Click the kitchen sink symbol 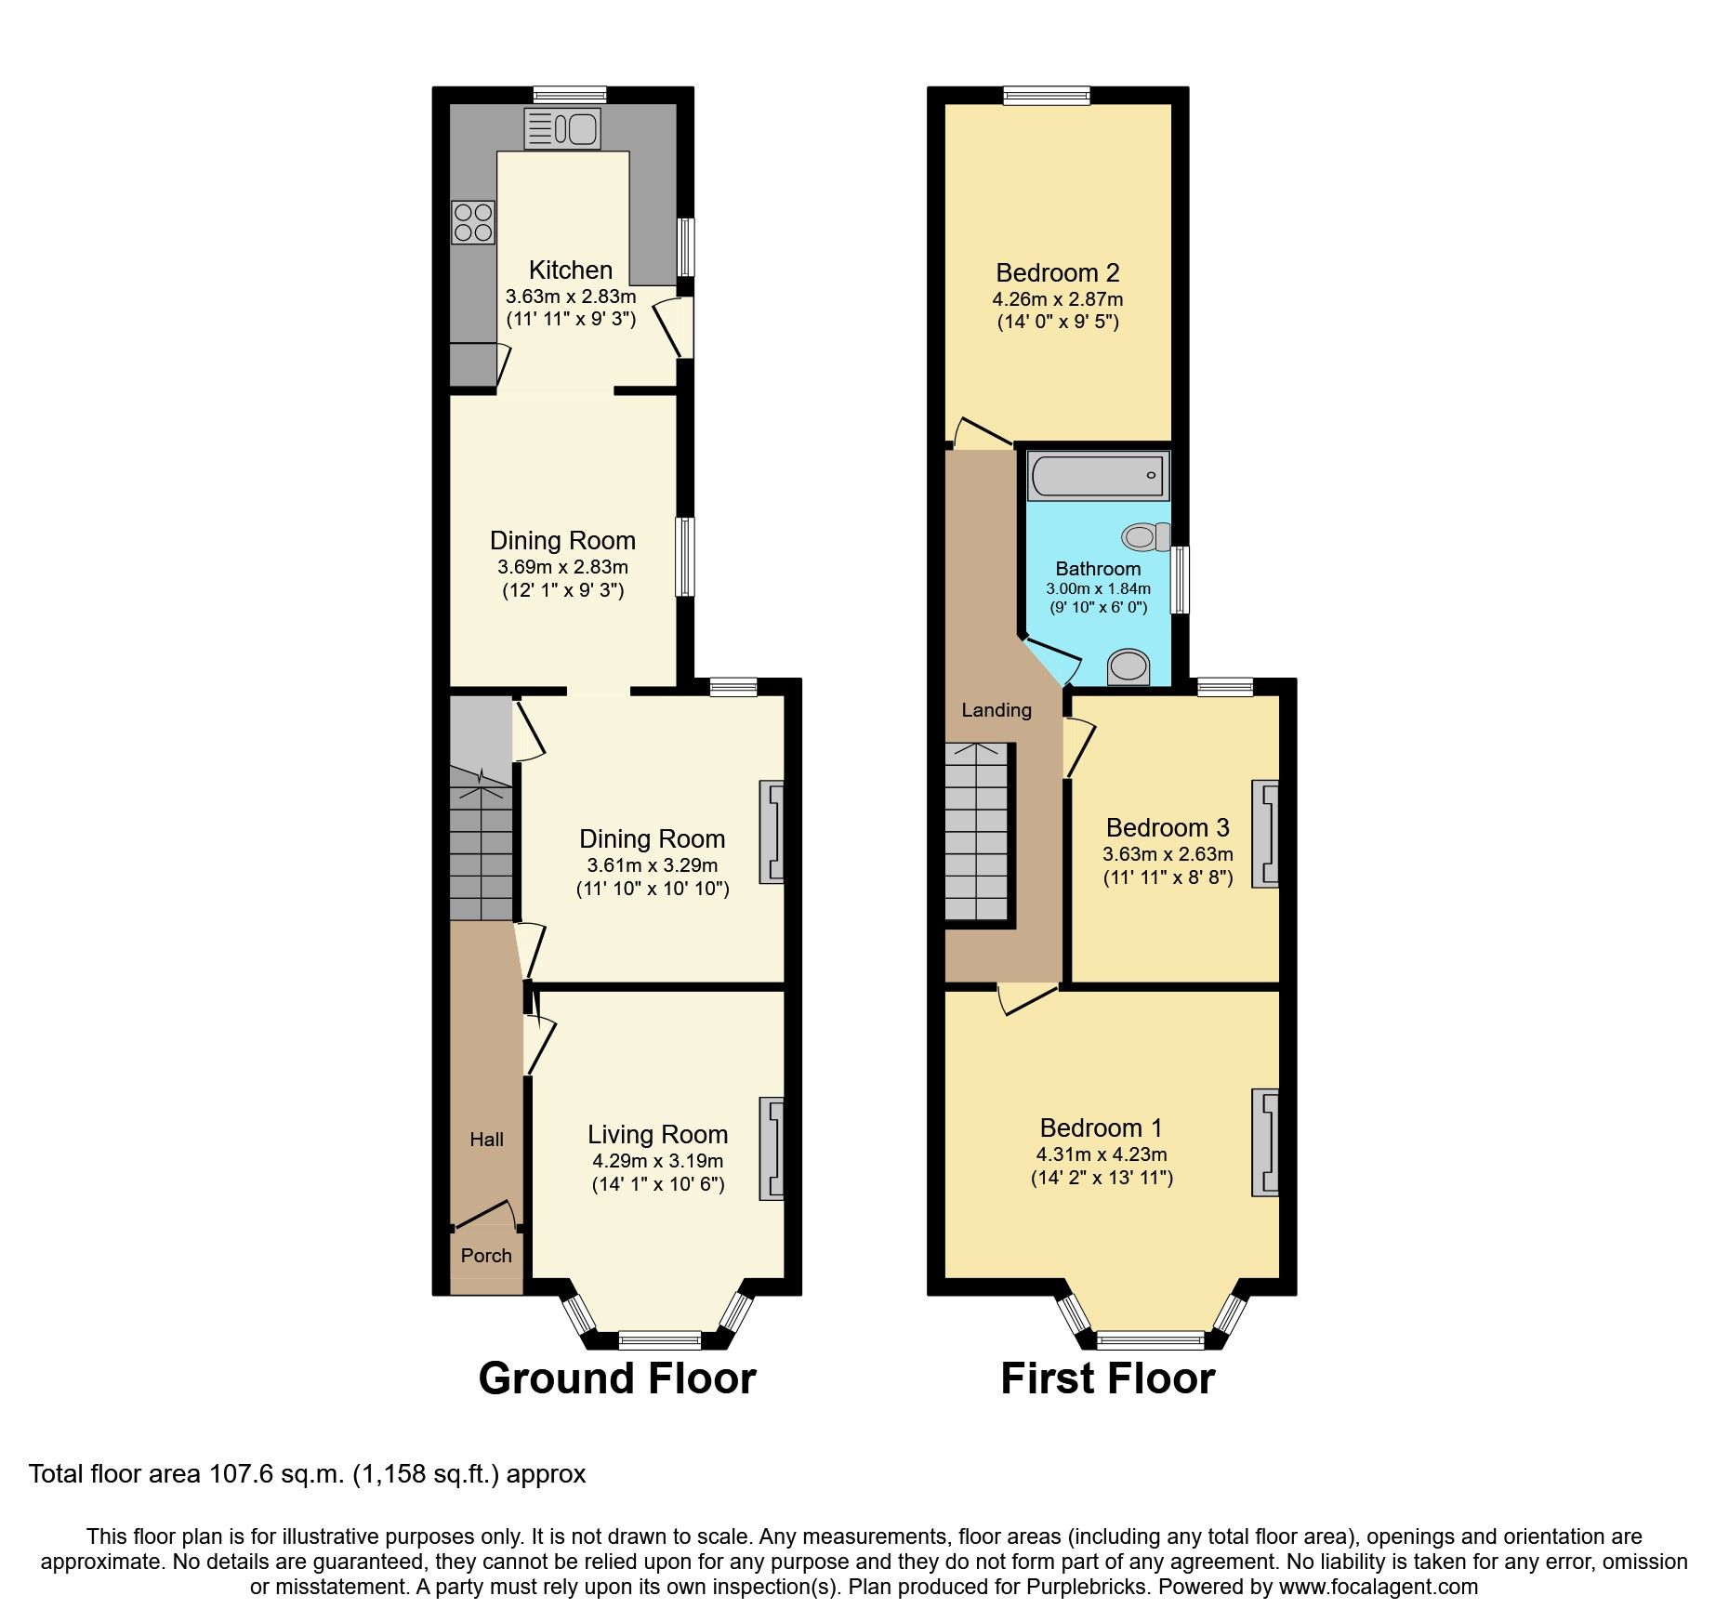[x=562, y=128]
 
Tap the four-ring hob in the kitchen [x=473, y=222]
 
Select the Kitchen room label [x=570, y=270]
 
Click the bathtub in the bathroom [x=1098, y=475]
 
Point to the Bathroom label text [x=1098, y=569]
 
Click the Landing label [x=996, y=710]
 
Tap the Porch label [x=486, y=1256]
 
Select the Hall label [x=486, y=1140]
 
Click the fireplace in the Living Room [x=772, y=1148]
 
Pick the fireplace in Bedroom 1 [x=1265, y=1141]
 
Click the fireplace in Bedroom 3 [x=1265, y=833]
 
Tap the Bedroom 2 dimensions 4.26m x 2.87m [x=1058, y=299]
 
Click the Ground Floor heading [x=617, y=1378]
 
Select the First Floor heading [x=1107, y=1378]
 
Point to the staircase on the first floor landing [x=978, y=832]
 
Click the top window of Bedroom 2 [x=1047, y=95]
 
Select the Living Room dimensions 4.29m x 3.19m [x=657, y=1161]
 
